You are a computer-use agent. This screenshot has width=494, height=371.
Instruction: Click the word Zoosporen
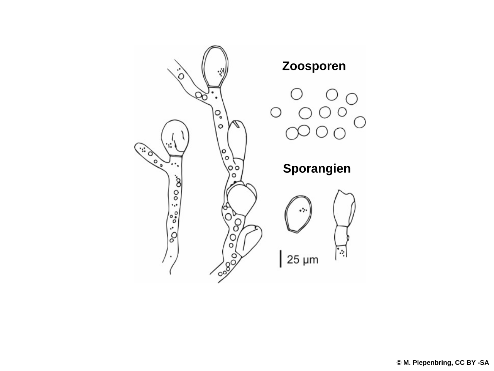tap(314, 66)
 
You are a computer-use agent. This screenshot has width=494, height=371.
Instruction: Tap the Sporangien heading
tap(316, 168)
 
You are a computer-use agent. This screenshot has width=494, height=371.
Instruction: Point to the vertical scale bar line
tap(281, 259)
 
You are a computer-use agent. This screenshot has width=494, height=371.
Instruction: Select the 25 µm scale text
tap(303, 259)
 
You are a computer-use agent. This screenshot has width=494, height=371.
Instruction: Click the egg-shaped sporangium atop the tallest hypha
tap(215, 66)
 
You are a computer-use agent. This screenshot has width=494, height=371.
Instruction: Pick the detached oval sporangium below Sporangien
tap(298, 214)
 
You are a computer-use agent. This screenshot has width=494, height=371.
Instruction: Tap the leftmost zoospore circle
tap(276, 112)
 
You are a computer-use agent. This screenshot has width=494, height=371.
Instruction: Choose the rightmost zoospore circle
tap(360, 122)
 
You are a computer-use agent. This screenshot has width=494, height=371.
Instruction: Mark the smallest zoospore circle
tap(342, 112)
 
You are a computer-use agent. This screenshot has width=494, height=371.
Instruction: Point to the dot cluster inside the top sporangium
tap(221, 72)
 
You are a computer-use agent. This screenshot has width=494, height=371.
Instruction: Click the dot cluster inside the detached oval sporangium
tap(303, 210)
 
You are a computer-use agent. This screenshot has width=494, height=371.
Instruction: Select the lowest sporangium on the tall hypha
tap(249, 241)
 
